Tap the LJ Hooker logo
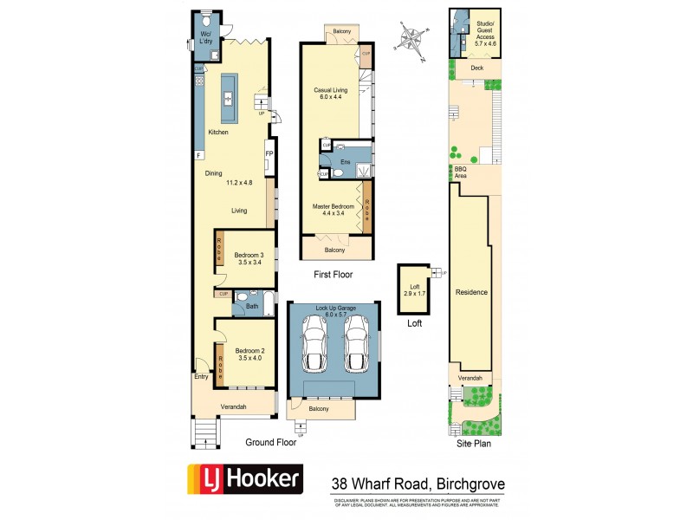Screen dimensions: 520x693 point(245,478)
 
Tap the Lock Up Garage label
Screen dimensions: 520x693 point(334,310)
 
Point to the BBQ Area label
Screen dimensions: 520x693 point(460,172)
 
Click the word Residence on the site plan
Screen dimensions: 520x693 point(472,293)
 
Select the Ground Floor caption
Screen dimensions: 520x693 point(269,442)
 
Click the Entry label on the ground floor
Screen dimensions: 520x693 point(202,376)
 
